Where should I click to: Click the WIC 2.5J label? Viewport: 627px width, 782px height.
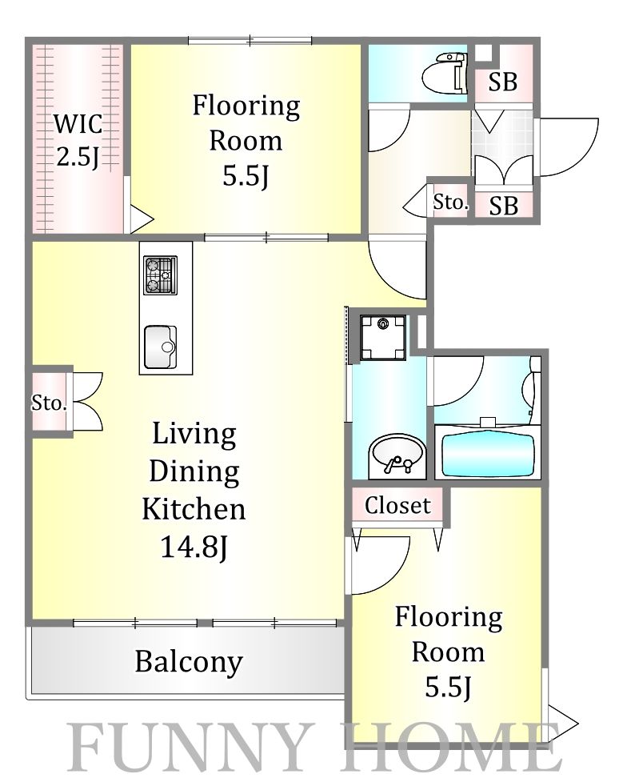click(x=78, y=140)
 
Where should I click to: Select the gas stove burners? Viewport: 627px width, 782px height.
click(x=161, y=275)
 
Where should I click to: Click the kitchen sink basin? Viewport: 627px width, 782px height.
click(x=161, y=347)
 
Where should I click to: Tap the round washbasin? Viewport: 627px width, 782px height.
click(x=397, y=455)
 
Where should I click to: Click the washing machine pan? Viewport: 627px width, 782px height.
click(x=383, y=338)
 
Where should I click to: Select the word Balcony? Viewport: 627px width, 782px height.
click(x=189, y=662)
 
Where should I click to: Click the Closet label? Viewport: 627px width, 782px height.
click(x=397, y=506)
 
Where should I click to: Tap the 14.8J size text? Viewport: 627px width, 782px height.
click(x=194, y=547)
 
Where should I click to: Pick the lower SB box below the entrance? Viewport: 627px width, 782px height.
click(x=504, y=205)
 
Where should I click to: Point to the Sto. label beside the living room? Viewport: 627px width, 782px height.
click(x=49, y=403)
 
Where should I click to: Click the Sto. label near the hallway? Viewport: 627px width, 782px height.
click(x=450, y=202)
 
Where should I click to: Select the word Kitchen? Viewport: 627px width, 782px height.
click(x=194, y=509)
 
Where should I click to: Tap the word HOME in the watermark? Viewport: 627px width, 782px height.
click(x=453, y=748)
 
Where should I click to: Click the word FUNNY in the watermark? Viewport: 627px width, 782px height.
click(x=189, y=748)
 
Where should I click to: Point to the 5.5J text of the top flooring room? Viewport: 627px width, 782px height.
click(x=246, y=176)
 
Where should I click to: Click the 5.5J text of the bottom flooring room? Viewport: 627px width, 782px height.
click(x=448, y=687)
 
